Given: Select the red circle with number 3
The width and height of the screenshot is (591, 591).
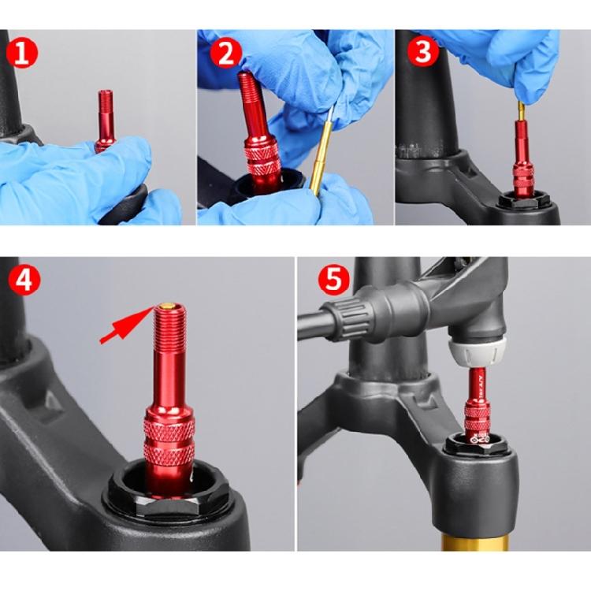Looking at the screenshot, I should coord(422,51).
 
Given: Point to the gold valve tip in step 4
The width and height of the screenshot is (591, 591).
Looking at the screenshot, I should coord(166,306).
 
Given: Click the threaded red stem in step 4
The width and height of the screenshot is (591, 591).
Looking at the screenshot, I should coord(168,355).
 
